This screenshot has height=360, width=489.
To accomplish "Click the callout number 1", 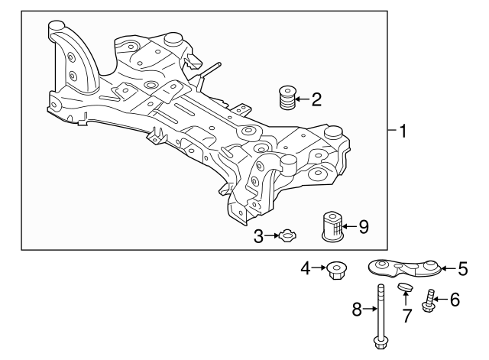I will click(x=403, y=131).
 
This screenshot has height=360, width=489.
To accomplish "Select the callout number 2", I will click(x=316, y=99).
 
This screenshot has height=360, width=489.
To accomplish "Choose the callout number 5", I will click(x=462, y=268).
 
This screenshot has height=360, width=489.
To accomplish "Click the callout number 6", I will click(x=455, y=300).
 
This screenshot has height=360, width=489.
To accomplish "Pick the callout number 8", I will click(x=357, y=310).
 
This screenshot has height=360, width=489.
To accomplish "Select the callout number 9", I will click(x=364, y=226).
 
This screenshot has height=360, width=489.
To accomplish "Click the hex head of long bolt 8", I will click(x=379, y=341).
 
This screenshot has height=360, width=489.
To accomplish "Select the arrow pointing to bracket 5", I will click(x=449, y=268).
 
